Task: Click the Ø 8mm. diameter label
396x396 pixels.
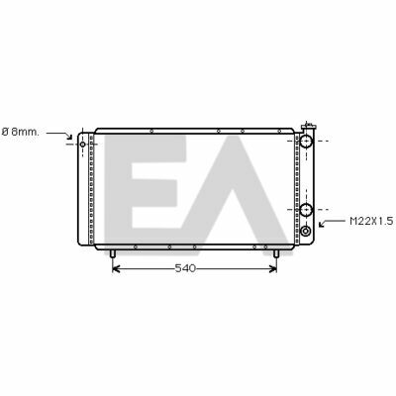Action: (x=20, y=132)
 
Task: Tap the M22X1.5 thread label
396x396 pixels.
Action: (x=371, y=221)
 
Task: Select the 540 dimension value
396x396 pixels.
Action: (x=185, y=268)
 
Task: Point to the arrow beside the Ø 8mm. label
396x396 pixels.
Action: (x=59, y=135)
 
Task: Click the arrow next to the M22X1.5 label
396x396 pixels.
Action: (x=333, y=222)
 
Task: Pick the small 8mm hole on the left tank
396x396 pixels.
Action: (x=82, y=145)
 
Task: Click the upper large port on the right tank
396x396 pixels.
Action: (x=306, y=141)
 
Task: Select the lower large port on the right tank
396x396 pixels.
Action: (x=306, y=210)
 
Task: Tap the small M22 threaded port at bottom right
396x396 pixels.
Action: (x=306, y=231)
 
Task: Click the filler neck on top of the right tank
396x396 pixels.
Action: (x=309, y=127)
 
